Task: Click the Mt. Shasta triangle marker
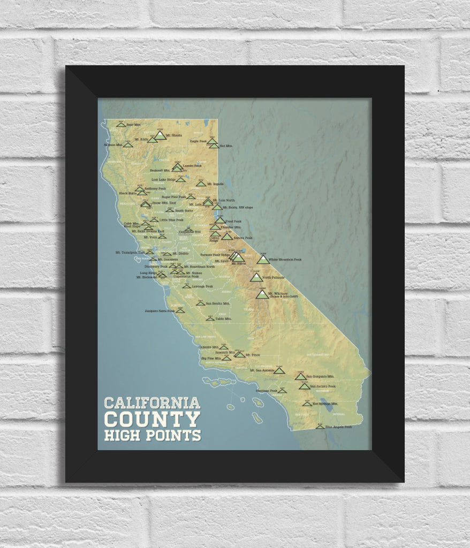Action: (160, 135)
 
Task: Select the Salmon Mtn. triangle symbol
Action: (127, 144)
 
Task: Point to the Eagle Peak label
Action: (198, 141)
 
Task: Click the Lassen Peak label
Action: (192, 166)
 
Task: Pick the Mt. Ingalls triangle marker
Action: (201, 184)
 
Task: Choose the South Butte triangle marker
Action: (170, 210)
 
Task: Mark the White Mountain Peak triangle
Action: (263, 260)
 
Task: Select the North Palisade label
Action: (274, 278)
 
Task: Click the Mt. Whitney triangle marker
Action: (261, 294)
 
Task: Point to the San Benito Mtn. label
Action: (218, 303)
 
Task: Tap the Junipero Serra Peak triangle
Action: (180, 310)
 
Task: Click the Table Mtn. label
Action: (223, 319)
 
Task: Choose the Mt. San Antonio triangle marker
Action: (279, 370)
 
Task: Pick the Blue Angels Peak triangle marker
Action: (320, 427)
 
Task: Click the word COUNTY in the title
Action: (153, 418)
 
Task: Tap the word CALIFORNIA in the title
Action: (152, 402)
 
